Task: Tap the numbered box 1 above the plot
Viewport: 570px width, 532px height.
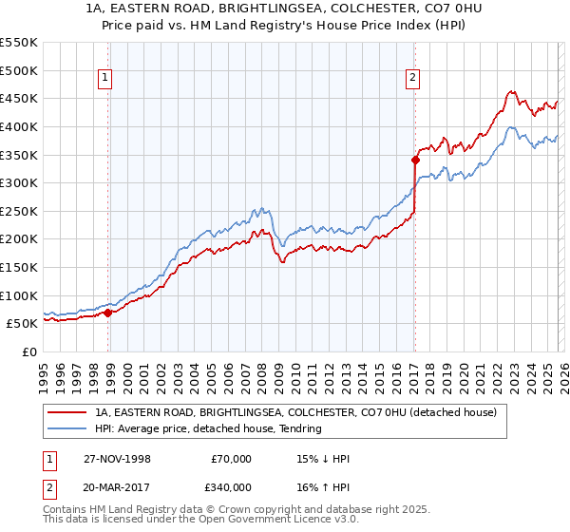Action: coord(104,79)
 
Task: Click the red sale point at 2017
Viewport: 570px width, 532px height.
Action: coord(415,160)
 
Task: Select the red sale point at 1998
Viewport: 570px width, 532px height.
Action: coord(108,312)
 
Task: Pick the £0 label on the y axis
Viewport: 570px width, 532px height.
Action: coord(28,351)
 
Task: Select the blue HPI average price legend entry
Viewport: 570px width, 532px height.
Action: coord(208,429)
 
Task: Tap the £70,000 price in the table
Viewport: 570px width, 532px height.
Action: coord(231,459)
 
